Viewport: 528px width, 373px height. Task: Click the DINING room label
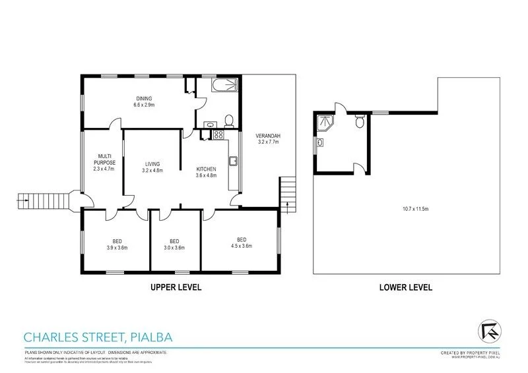[x=143, y=101]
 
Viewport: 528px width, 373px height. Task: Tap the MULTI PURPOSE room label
[x=104, y=161]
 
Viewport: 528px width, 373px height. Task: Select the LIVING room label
[x=152, y=167]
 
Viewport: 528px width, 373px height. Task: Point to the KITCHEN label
[x=206, y=172]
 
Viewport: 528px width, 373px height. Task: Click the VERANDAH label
[x=269, y=139]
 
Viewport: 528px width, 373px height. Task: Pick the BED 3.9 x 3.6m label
[x=116, y=244]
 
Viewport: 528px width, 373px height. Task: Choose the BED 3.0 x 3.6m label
[x=174, y=244]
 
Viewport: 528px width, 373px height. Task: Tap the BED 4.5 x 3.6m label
[x=242, y=242]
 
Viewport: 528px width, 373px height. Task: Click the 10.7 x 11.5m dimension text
[x=416, y=210]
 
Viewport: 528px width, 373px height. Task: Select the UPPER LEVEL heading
[x=176, y=287]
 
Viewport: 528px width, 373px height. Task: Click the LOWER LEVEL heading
[x=405, y=287]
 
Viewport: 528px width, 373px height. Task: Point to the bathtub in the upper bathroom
[x=221, y=86]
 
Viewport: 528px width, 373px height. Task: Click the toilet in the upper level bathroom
[x=228, y=120]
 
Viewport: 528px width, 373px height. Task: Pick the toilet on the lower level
[x=359, y=121]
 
